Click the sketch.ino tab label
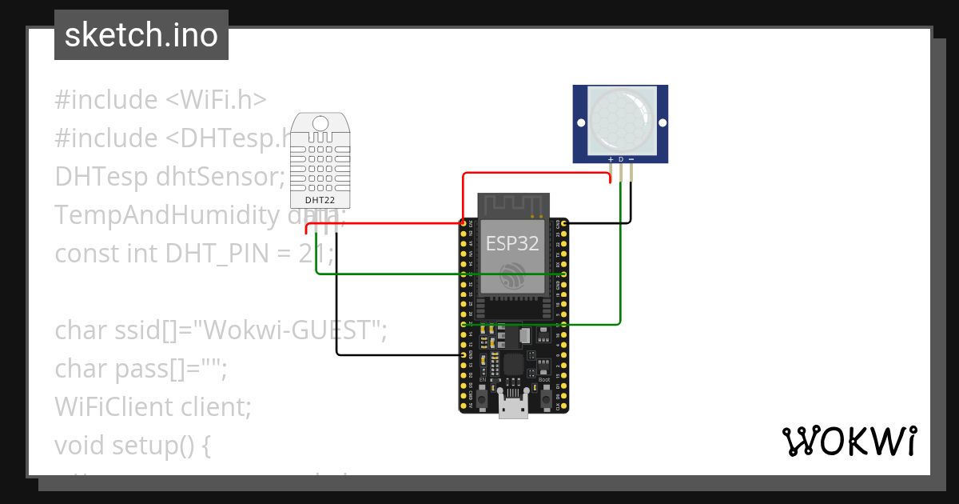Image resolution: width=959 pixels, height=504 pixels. tap(141, 35)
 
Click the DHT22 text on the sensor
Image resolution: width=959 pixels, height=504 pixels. tap(320, 199)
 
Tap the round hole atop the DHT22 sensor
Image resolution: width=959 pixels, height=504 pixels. tap(320, 122)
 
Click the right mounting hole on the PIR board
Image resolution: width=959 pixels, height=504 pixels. tap(660, 122)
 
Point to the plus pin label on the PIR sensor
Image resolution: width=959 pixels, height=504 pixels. tap(611, 160)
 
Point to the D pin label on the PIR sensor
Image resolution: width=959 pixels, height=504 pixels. tap(621, 160)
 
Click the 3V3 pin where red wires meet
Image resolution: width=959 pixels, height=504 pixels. tap(464, 222)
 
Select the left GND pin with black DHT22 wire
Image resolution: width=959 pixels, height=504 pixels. tap(464, 354)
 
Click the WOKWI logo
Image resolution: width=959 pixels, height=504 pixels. tap(849, 442)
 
